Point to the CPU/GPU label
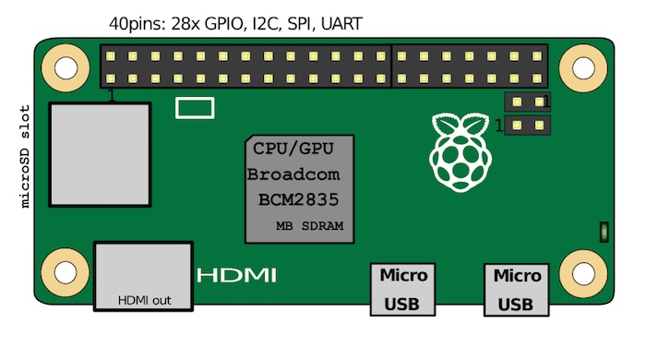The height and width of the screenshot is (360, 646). (293, 148)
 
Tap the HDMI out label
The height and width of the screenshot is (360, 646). (144, 300)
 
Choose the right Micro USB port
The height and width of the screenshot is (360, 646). (517, 289)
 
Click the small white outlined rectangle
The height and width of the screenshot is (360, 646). (195, 108)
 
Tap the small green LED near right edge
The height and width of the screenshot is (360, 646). (603, 231)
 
